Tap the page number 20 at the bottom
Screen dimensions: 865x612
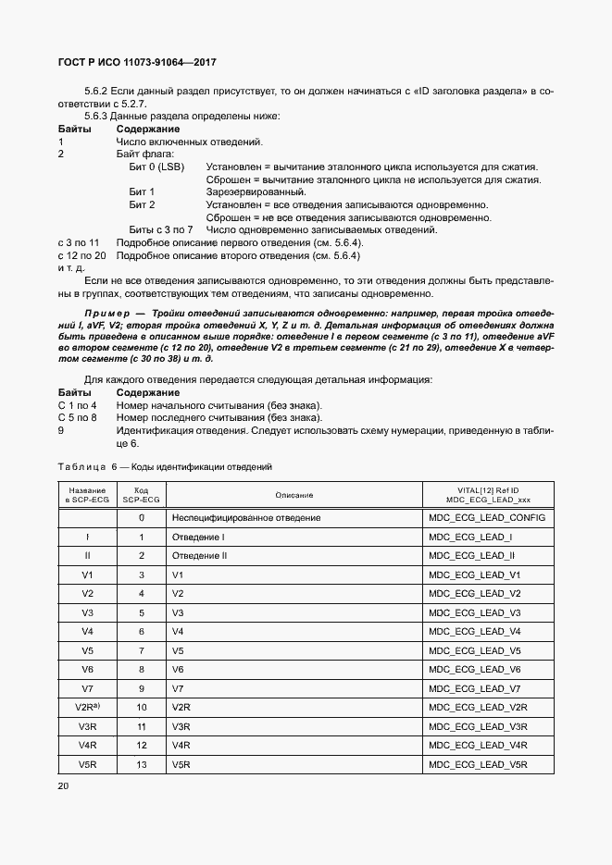63,785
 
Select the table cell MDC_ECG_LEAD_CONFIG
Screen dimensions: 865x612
487,518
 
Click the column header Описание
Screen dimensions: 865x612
294,495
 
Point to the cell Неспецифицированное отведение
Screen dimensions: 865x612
246,518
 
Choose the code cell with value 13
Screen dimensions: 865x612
142,764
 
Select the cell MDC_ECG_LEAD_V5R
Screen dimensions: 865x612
478,764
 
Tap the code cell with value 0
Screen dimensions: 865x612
142,518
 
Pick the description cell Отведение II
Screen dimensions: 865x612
199,556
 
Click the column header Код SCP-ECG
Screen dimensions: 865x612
142,495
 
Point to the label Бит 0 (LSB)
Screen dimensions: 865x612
156,167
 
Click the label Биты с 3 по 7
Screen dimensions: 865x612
161,229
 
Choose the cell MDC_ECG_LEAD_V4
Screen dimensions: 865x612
475,631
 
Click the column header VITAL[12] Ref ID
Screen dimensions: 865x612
487,489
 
